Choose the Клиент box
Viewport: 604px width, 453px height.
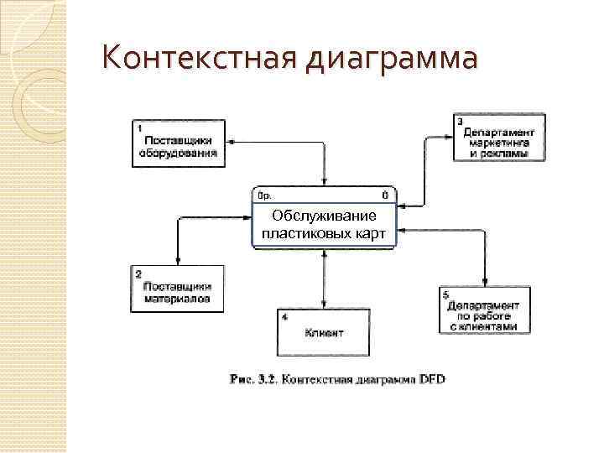[324, 334]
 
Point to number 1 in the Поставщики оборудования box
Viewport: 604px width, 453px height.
[138, 128]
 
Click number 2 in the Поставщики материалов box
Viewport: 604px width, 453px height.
[138, 273]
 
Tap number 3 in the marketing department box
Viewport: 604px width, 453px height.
[461, 121]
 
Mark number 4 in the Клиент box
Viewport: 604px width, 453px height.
[285, 317]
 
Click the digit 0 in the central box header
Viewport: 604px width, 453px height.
[384, 195]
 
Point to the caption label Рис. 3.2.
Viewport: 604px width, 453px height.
[254, 380]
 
